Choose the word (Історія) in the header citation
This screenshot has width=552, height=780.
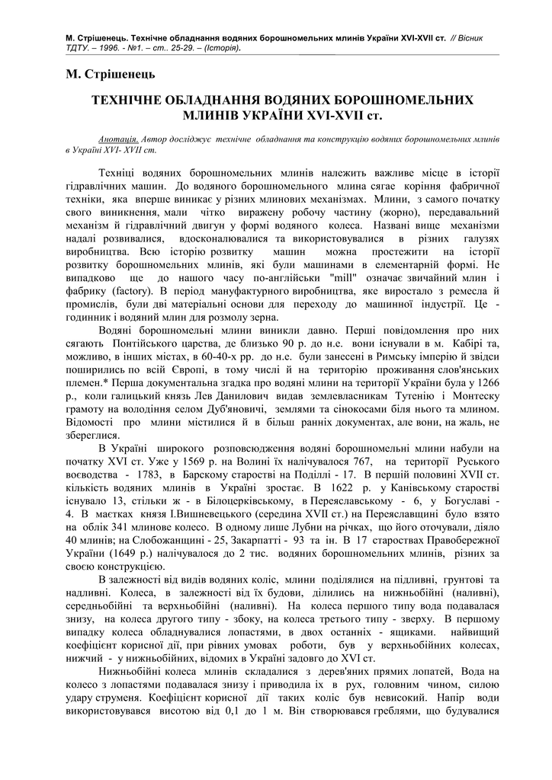point(224,48)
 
